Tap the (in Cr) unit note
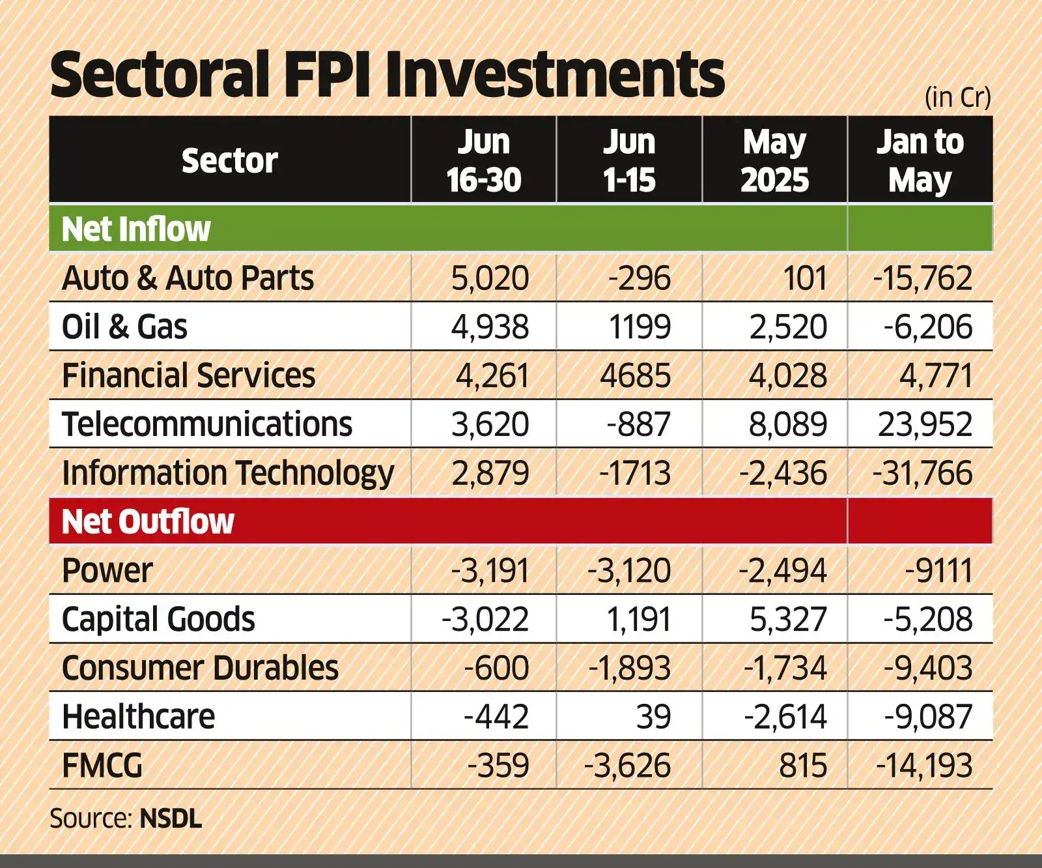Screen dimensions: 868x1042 [x=957, y=97]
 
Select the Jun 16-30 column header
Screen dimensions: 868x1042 [x=483, y=160]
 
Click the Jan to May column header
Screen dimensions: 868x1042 [x=920, y=160]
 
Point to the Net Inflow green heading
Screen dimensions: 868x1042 [x=135, y=229]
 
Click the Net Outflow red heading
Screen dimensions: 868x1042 [x=147, y=521]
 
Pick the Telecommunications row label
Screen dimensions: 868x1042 [x=206, y=424]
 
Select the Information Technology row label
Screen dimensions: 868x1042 [x=227, y=473]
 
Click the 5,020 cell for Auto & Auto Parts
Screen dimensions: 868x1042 [x=490, y=278]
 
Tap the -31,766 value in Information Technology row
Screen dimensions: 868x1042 [x=922, y=473]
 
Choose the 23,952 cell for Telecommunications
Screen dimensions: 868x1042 [x=925, y=424]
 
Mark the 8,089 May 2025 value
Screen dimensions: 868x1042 [x=787, y=424]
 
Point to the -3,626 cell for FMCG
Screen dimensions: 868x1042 [x=627, y=766]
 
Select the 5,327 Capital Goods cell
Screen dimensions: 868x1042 [x=787, y=619]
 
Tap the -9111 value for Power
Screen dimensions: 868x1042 [x=938, y=571]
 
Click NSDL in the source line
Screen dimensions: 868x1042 [x=171, y=818]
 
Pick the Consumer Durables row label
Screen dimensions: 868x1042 [x=200, y=668]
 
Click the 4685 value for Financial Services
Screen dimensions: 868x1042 [x=635, y=376]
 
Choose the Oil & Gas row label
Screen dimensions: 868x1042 [x=124, y=327]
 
